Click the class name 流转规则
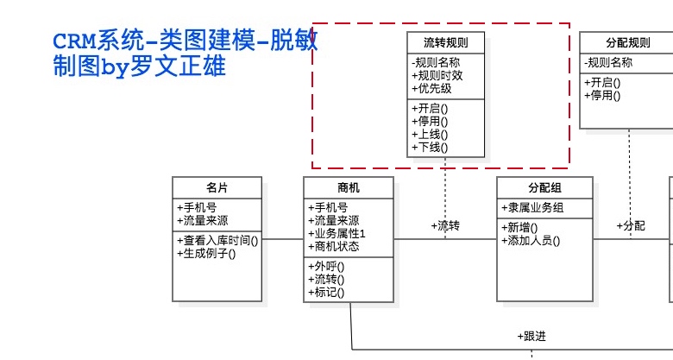click(x=445, y=42)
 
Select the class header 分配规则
click(x=628, y=42)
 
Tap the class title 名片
click(x=217, y=187)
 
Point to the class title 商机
click(x=349, y=187)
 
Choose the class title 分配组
click(x=544, y=187)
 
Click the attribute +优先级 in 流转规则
click(x=431, y=89)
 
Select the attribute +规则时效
click(x=437, y=76)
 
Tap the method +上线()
click(x=430, y=135)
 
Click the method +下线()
click(x=430, y=148)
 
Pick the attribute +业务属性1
click(x=336, y=233)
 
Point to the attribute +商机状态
click(x=334, y=246)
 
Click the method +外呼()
click(x=326, y=267)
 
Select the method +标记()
click(x=326, y=292)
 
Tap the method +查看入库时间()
click(x=217, y=241)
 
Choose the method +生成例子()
click(x=206, y=254)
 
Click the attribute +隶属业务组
click(x=532, y=208)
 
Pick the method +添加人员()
click(x=531, y=241)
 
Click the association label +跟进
click(x=531, y=336)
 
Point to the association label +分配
click(x=631, y=226)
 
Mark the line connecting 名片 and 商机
click(x=283, y=239)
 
